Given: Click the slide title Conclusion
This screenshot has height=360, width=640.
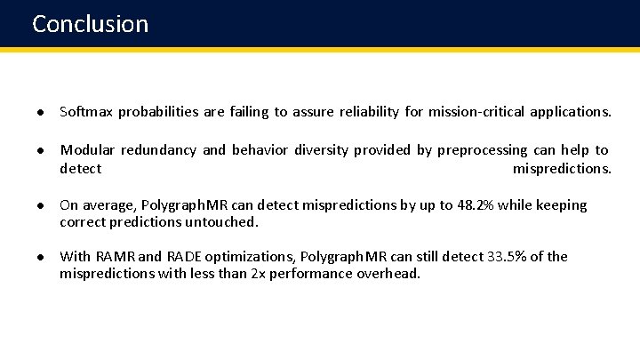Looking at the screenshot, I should (90, 23).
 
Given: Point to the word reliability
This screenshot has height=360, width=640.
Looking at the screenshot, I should (367, 112).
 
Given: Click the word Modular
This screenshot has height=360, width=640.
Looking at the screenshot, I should (87, 150).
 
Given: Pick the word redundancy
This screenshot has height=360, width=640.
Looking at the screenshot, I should (158, 150).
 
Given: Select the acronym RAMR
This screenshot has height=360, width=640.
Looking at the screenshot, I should (114, 257).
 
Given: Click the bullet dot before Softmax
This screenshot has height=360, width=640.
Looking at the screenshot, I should (42, 112).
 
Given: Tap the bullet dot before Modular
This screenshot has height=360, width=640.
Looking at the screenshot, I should (42, 150).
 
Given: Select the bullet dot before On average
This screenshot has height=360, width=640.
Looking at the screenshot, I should (42, 205).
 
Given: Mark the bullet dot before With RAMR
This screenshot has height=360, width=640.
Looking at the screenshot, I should (42, 257).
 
